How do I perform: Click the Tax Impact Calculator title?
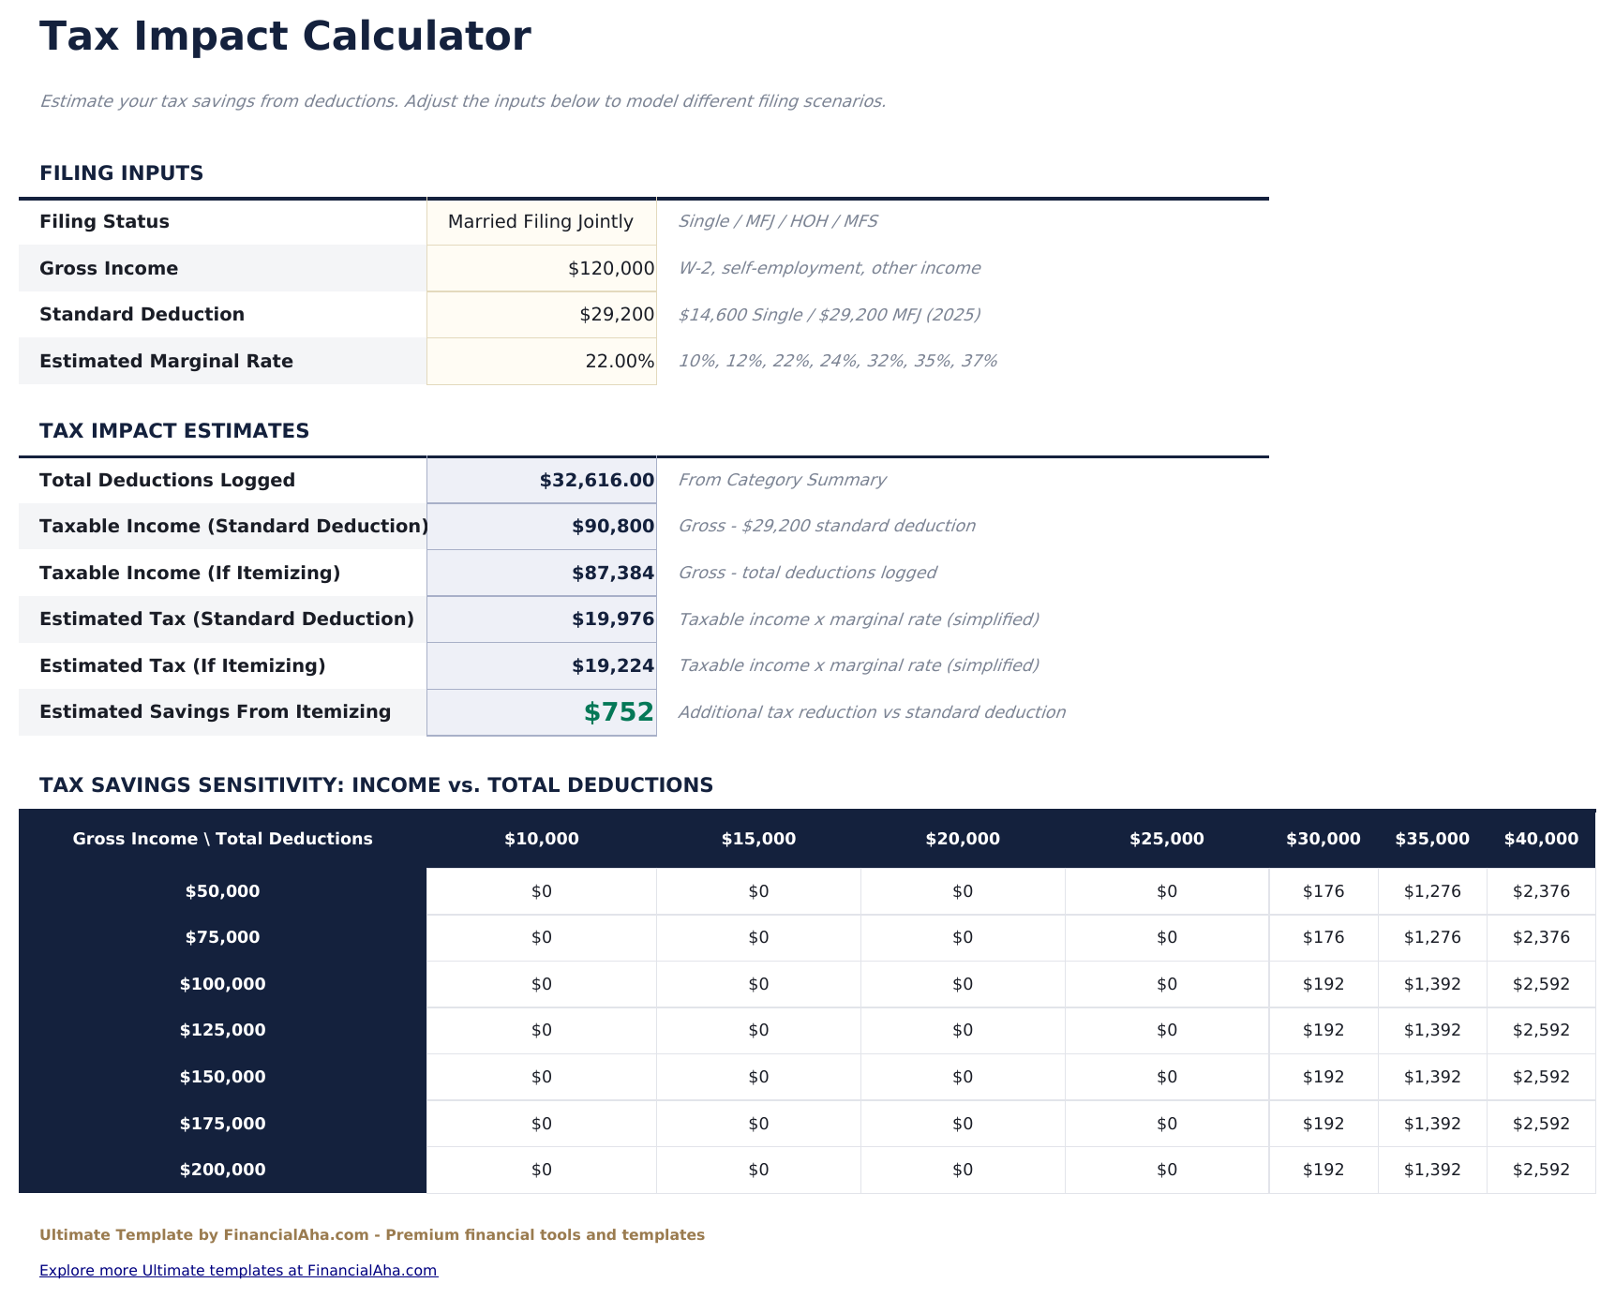pyautogui.click(x=285, y=37)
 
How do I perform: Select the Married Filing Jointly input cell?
pyautogui.click(x=541, y=222)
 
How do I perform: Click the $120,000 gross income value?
pyautogui.click(x=610, y=269)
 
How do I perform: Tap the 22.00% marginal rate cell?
pyautogui.click(x=619, y=362)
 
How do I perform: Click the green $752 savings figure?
pyautogui.click(x=618, y=712)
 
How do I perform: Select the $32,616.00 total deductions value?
pyautogui.click(x=596, y=481)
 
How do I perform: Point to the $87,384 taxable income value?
pyautogui.click(x=612, y=574)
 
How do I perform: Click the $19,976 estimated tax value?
pyautogui.click(x=612, y=619)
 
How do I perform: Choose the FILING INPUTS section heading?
pyautogui.click(x=121, y=173)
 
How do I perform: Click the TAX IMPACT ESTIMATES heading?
pyautogui.click(x=174, y=431)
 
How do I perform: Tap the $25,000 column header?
pyautogui.click(x=1166, y=840)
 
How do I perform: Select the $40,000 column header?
pyautogui.click(x=1540, y=840)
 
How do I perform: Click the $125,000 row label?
pyautogui.click(x=222, y=1031)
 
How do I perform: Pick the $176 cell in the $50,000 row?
pyautogui.click(x=1323, y=892)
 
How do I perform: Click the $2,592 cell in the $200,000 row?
pyautogui.click(x=1540, y=1171)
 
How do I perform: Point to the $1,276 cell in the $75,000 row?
pyautogui.click(x=1431, y=938)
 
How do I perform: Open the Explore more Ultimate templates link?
pyautogui.click(x=238, y=1271)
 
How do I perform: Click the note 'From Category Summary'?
pyautogui.click(x=781, y=481)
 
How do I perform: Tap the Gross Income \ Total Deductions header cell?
pyautogui.click(x=222, y=840)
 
